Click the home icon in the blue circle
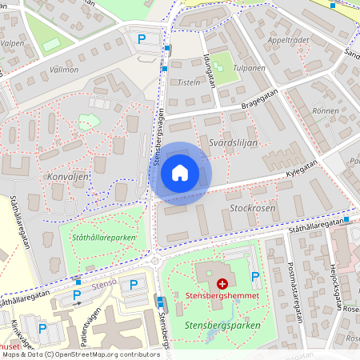[180, 172]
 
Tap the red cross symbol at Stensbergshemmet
[222, 284]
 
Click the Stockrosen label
[252, 207]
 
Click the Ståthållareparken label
[103, 238]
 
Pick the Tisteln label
[189, 83]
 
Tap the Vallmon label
[64, 70]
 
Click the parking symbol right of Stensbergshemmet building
[255, 276]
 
